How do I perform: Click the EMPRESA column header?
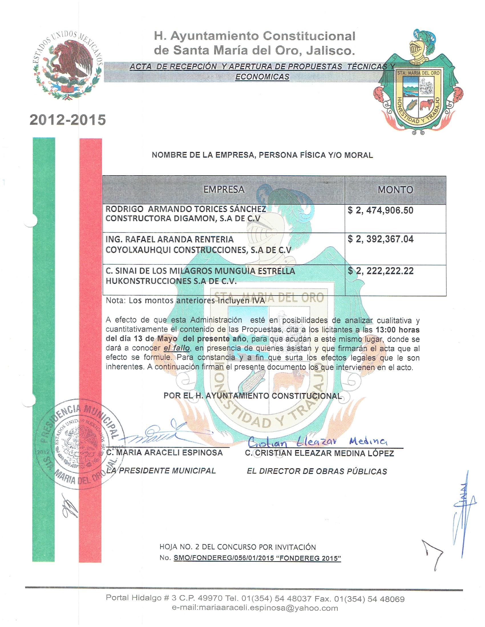point(224,189)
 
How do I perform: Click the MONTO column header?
point(395,190)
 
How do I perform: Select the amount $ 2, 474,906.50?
point(380,210)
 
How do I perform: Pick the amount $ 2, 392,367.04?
point(380,239)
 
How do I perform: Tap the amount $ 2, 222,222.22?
point(380,271)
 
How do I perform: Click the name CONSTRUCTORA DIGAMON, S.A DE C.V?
point(183,219)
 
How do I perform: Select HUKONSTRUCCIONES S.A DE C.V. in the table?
point(171,281)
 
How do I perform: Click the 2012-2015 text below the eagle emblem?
point(68,120)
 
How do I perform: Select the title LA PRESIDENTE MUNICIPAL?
point(161,471)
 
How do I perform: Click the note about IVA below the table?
point(185,301)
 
